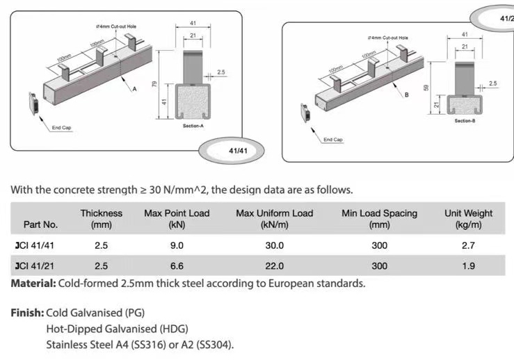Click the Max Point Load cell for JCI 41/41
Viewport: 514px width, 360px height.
tap(177, 245)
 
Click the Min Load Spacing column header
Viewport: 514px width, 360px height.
tap(379, 219)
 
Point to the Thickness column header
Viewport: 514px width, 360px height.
tap(101, 219)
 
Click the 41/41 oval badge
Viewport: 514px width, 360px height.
tap(239, 150)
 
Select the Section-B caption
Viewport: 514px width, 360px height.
tap(465, 121)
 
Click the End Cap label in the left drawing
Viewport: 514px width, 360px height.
tap(61, 128)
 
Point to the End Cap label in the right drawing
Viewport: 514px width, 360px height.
tap(332, 140)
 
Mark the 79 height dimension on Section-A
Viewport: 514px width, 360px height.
tap(154, 83)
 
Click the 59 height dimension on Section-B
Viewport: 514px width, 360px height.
tap(428, 88)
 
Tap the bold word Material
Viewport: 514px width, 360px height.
tap(32, 284)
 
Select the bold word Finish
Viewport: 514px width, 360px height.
tap(26, 313)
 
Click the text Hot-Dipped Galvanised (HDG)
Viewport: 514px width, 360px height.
tap(117, 329)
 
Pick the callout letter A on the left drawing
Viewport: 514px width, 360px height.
tap(135, 90)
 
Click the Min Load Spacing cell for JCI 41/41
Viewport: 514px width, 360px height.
tap(379, 245)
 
